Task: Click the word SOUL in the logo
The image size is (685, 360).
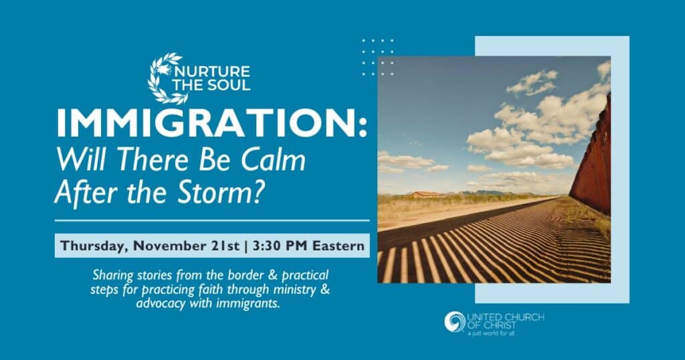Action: pyautogui.click(x=228, y=85)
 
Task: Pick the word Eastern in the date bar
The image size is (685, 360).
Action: pyautogui.click(x=338, y=246)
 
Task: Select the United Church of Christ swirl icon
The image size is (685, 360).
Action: pyautogui.click(x=455, y=322)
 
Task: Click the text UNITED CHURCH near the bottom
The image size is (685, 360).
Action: pyautogui.click(x=506, y=317)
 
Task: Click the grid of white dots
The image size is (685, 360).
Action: pyautogui.click(x=378, y=58)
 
